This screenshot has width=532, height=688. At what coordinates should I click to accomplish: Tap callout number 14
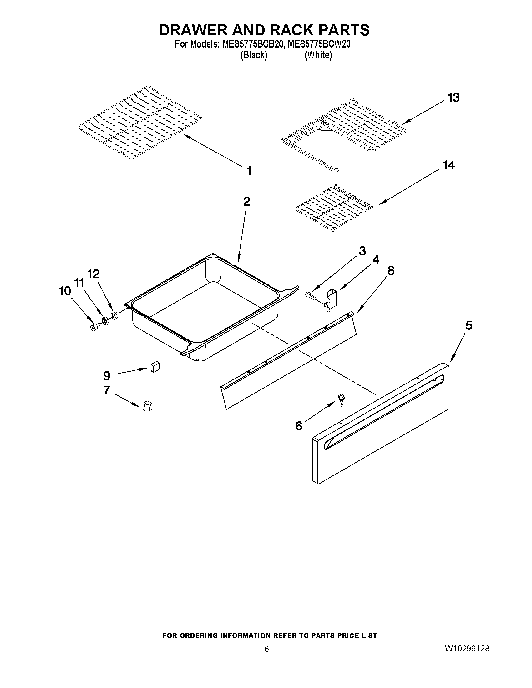(449, 165)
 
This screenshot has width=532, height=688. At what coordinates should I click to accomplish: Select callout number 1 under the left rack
(249, 171)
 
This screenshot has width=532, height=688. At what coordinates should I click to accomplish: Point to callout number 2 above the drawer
(246, 201)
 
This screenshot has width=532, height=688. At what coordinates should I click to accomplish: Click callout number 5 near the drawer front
(469, 325)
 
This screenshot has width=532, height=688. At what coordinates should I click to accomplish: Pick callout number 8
(391, 271)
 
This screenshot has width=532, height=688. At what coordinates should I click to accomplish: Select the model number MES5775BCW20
(319, 44)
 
